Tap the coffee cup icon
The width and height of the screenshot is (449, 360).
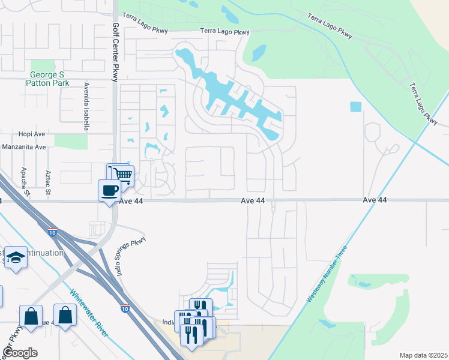[109, 190]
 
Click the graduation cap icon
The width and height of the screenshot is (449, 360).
[16, 257]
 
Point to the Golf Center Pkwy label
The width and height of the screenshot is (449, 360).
[116, 53]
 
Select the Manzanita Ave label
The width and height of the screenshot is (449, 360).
[24, 147]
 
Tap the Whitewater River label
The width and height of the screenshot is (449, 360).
[89, 313]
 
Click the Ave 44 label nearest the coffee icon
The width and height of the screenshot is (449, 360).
[131, 202]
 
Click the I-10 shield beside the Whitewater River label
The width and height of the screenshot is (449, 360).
[124, 309]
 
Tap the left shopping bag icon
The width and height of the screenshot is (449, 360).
[30, 315]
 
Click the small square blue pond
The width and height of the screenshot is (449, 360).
[356, 107]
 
